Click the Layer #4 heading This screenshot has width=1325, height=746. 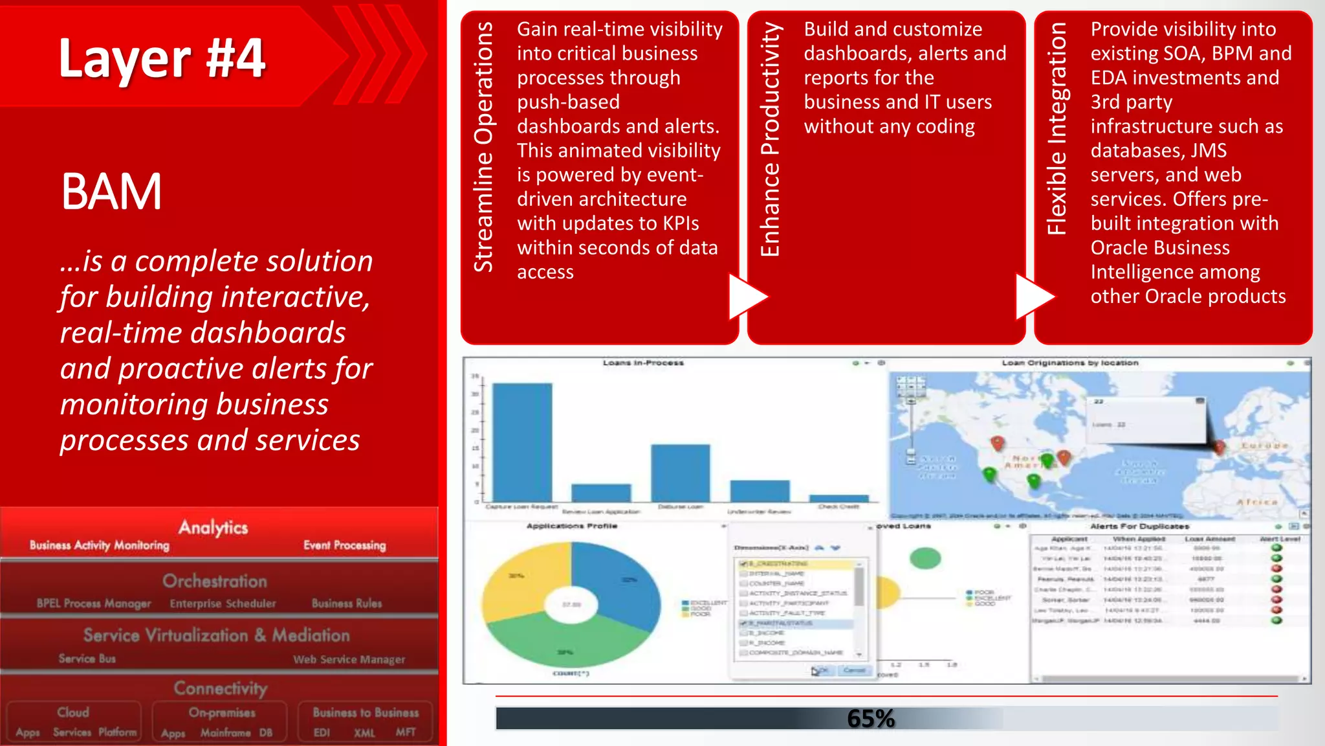click(x=162, y=58)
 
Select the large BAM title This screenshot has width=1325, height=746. click(x=111, y=192)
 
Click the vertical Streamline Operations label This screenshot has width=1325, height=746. click(x=484, y=147)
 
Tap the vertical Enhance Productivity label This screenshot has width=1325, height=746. click(x=771, y=139)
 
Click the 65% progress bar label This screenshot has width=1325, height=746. click(x=871, y=718)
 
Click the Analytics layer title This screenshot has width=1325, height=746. click(x=213, y=527)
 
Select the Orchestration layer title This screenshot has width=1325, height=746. click(x=215, y=581)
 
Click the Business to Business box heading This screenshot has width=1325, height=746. click(x=366, y=712)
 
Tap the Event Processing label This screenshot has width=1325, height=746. click(x=345, y=545)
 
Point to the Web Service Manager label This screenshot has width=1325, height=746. click(x=349, y=659)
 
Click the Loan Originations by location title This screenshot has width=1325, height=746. click(x=1069, y=363)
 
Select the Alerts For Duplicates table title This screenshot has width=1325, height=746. click(x=1139, y=526)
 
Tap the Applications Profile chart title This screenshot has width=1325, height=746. click(x=572, y=526)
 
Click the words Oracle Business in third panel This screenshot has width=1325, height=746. click(x=1159, y=247)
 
